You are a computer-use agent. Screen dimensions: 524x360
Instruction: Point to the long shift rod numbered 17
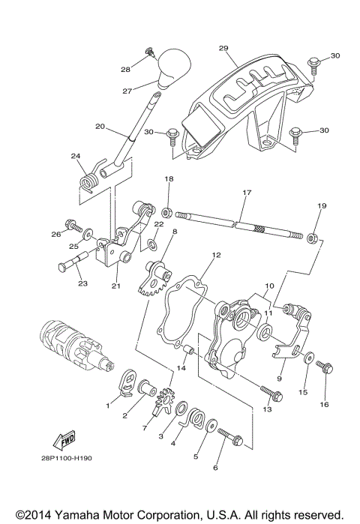240,223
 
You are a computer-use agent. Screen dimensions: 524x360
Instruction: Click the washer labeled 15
309,358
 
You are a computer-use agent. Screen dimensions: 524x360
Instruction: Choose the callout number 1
107,406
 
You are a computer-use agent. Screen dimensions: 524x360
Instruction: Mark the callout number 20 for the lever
100,127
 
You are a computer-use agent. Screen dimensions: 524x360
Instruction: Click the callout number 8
174,232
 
